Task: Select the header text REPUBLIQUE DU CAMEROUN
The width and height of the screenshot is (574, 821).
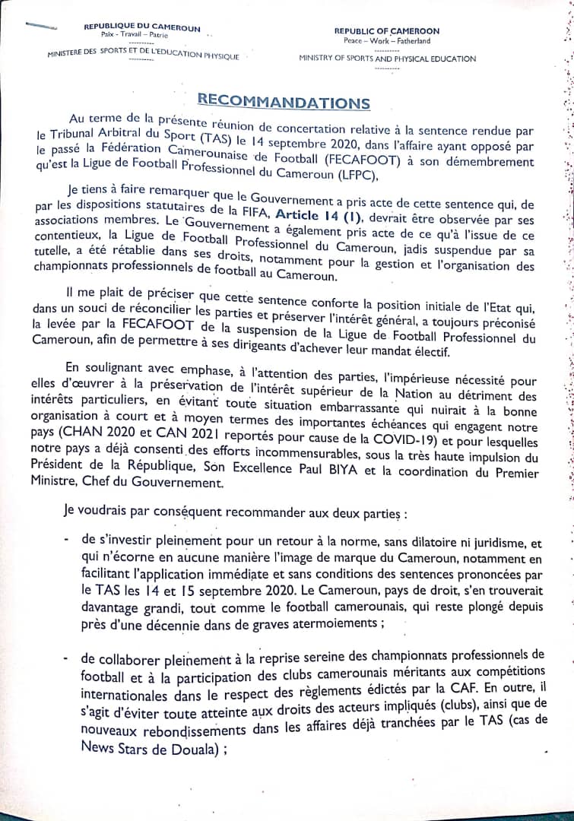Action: click(143, 28)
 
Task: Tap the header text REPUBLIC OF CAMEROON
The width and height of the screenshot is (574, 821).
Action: click(386, 31)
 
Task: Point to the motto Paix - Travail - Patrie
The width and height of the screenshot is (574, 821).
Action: click(135, 36)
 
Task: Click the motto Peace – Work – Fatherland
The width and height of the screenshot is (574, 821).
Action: click(386, 40)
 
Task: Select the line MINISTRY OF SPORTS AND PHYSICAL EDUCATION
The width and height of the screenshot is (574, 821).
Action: click(387, 59)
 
